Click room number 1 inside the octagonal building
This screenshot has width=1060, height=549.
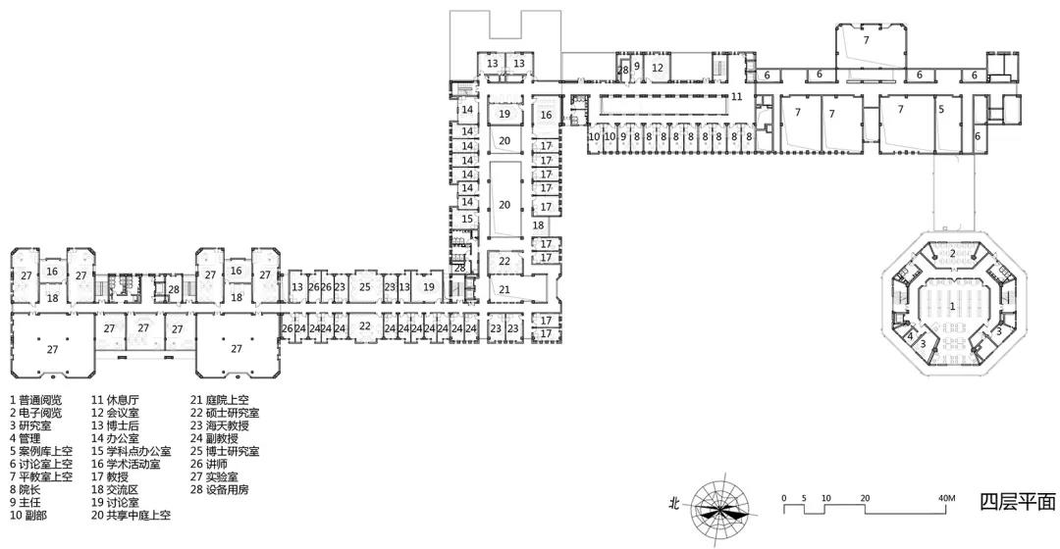tap(952, 307)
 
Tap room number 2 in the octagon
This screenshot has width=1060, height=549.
tap(952, 253)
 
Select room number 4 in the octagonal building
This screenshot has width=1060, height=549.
tap(911, 335)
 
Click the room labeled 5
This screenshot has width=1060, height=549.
tap(941, 109)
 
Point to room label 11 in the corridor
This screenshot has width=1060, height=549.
tap(736, 96)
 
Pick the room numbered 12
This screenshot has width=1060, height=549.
tap(657, 69)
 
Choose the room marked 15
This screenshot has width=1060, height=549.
tap(467, 219)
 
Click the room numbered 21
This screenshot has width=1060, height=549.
tap(504, 289)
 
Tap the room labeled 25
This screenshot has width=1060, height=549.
tap(365, 287)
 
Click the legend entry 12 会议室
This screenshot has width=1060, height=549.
tap(115, 413)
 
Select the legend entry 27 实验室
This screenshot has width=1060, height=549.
tap(214, 476)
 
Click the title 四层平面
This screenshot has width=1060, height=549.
tap(1018, 502)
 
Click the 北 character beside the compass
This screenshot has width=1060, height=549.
tap(674, 504)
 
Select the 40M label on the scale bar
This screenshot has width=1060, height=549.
tap(947, 498)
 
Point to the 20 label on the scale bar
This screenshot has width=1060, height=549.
tap(866, 498)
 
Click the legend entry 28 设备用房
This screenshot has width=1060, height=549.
tap(219, 489)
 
